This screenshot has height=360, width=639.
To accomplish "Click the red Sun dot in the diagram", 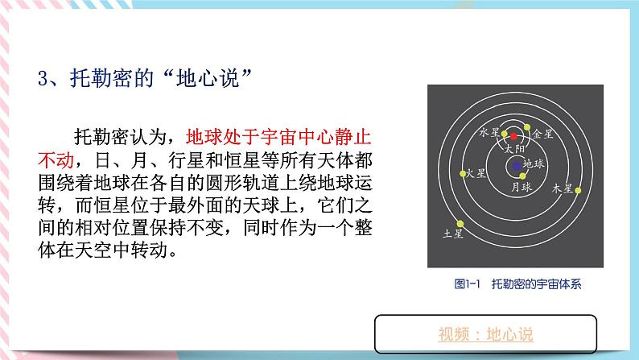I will [x=513, y=136].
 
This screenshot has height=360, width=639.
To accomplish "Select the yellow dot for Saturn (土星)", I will [x=460, y=224].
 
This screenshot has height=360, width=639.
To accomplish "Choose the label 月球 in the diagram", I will [x=522, y=187].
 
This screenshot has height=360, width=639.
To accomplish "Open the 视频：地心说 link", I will [x=486, y=334].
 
